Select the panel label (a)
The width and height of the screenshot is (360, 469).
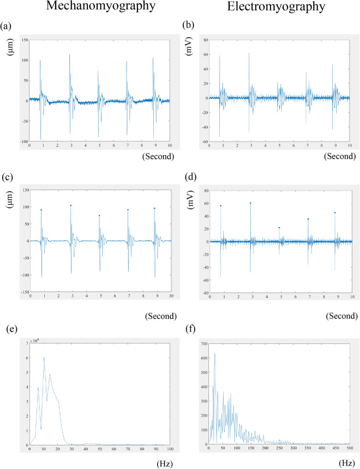tap(6, 26)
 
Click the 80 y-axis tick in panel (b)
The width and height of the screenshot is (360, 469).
tap(204, 40)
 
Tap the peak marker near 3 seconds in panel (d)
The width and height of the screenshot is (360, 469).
tap(250, 203)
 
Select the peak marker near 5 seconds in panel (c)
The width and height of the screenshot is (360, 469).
tap(99, 216)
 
